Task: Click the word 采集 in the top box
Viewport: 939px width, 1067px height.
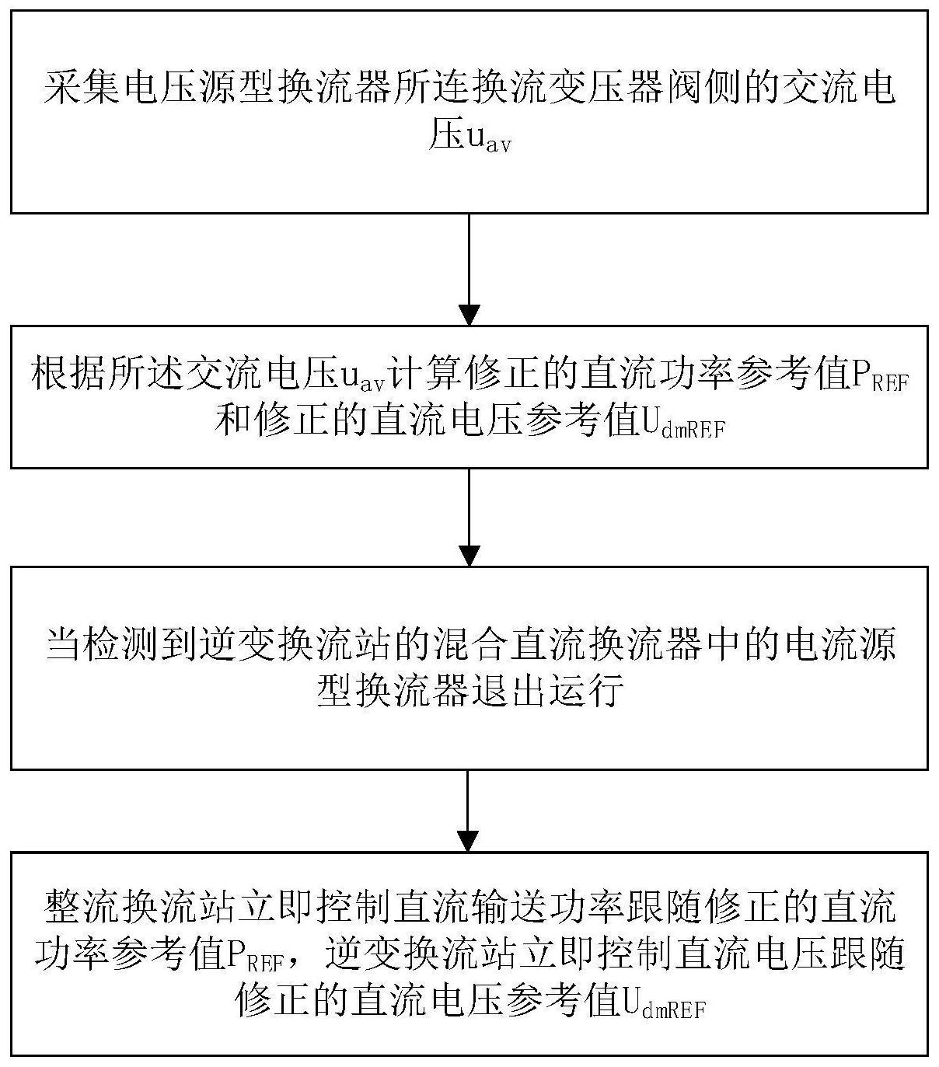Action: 82,86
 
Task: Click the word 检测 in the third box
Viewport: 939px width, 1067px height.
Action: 123,644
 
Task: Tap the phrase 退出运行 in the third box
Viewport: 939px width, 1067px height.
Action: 547,690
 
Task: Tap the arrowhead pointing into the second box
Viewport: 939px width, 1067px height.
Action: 469,315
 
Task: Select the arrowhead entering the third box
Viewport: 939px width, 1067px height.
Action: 469,556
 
